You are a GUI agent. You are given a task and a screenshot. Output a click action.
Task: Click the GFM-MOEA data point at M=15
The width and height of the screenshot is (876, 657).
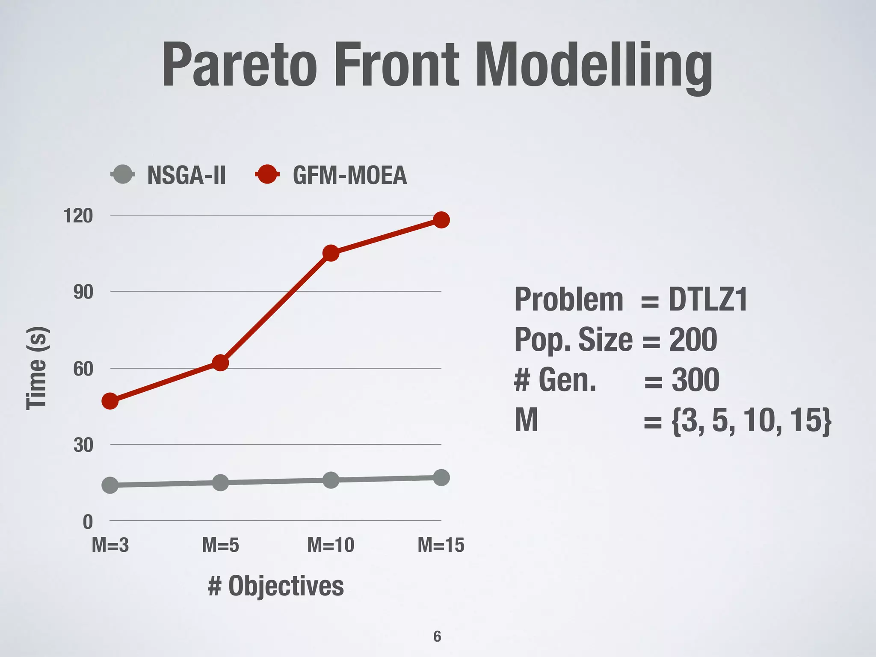441,220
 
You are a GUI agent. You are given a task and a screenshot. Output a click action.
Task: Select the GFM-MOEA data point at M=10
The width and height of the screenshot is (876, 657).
331,253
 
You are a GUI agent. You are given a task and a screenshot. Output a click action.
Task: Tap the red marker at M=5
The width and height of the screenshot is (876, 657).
220,363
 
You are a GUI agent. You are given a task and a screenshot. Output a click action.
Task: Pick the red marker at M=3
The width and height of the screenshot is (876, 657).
110,401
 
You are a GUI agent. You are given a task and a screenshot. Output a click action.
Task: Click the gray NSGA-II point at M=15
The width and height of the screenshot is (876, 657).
441,477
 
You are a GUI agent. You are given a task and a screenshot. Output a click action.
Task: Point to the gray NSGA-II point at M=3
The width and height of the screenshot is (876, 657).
110,485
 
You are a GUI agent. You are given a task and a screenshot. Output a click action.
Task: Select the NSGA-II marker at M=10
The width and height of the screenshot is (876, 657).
331,480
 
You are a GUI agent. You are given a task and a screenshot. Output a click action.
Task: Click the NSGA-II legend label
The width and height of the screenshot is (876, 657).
186,175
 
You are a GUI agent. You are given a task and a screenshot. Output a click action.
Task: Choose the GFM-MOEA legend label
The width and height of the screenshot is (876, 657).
349,175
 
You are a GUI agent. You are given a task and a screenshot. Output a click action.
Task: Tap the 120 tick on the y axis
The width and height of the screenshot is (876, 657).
78,216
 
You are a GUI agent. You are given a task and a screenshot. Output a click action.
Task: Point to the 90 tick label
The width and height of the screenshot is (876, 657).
83,293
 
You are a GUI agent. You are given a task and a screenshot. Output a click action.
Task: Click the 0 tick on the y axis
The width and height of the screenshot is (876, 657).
88,522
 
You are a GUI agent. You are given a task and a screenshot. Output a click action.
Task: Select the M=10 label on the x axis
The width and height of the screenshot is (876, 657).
331,545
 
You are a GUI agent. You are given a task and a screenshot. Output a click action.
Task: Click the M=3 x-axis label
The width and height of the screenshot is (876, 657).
110,545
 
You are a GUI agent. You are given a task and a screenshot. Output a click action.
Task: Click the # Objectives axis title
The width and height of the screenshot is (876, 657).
275,586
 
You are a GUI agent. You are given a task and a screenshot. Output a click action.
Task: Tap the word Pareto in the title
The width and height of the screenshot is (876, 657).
240,65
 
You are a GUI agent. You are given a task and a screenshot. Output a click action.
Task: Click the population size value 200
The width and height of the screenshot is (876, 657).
693,340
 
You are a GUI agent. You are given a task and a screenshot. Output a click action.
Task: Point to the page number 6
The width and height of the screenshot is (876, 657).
437,636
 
